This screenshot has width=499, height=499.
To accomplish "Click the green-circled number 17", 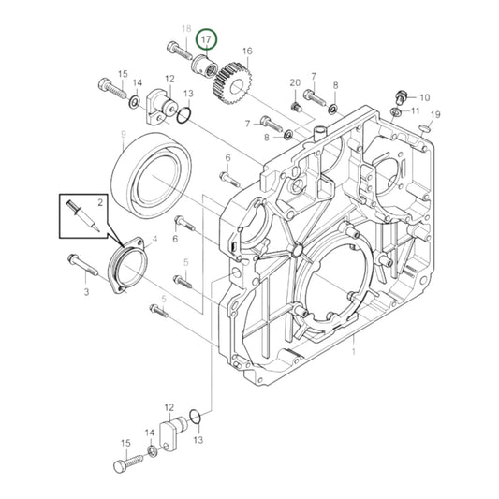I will pyautogui.click(x=207, y=39).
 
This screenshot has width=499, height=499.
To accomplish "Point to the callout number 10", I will pyautogui.click(x=424, y=97).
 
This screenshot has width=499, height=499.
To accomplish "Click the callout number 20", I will pyautogui.click(x=294, y=84).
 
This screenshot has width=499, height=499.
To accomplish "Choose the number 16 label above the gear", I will pyautogui.click(x=247, y=51).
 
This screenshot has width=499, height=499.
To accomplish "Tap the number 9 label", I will pyautogui.click(x=123, y=135).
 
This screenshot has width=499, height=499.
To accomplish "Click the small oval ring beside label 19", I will pyautogui.click(x=424, y=126).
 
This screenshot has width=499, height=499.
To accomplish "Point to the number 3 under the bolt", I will pyautogui.click(x=85, y=293).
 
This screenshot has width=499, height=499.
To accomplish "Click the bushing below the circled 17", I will pyautogui.click(x=205, y=66).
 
